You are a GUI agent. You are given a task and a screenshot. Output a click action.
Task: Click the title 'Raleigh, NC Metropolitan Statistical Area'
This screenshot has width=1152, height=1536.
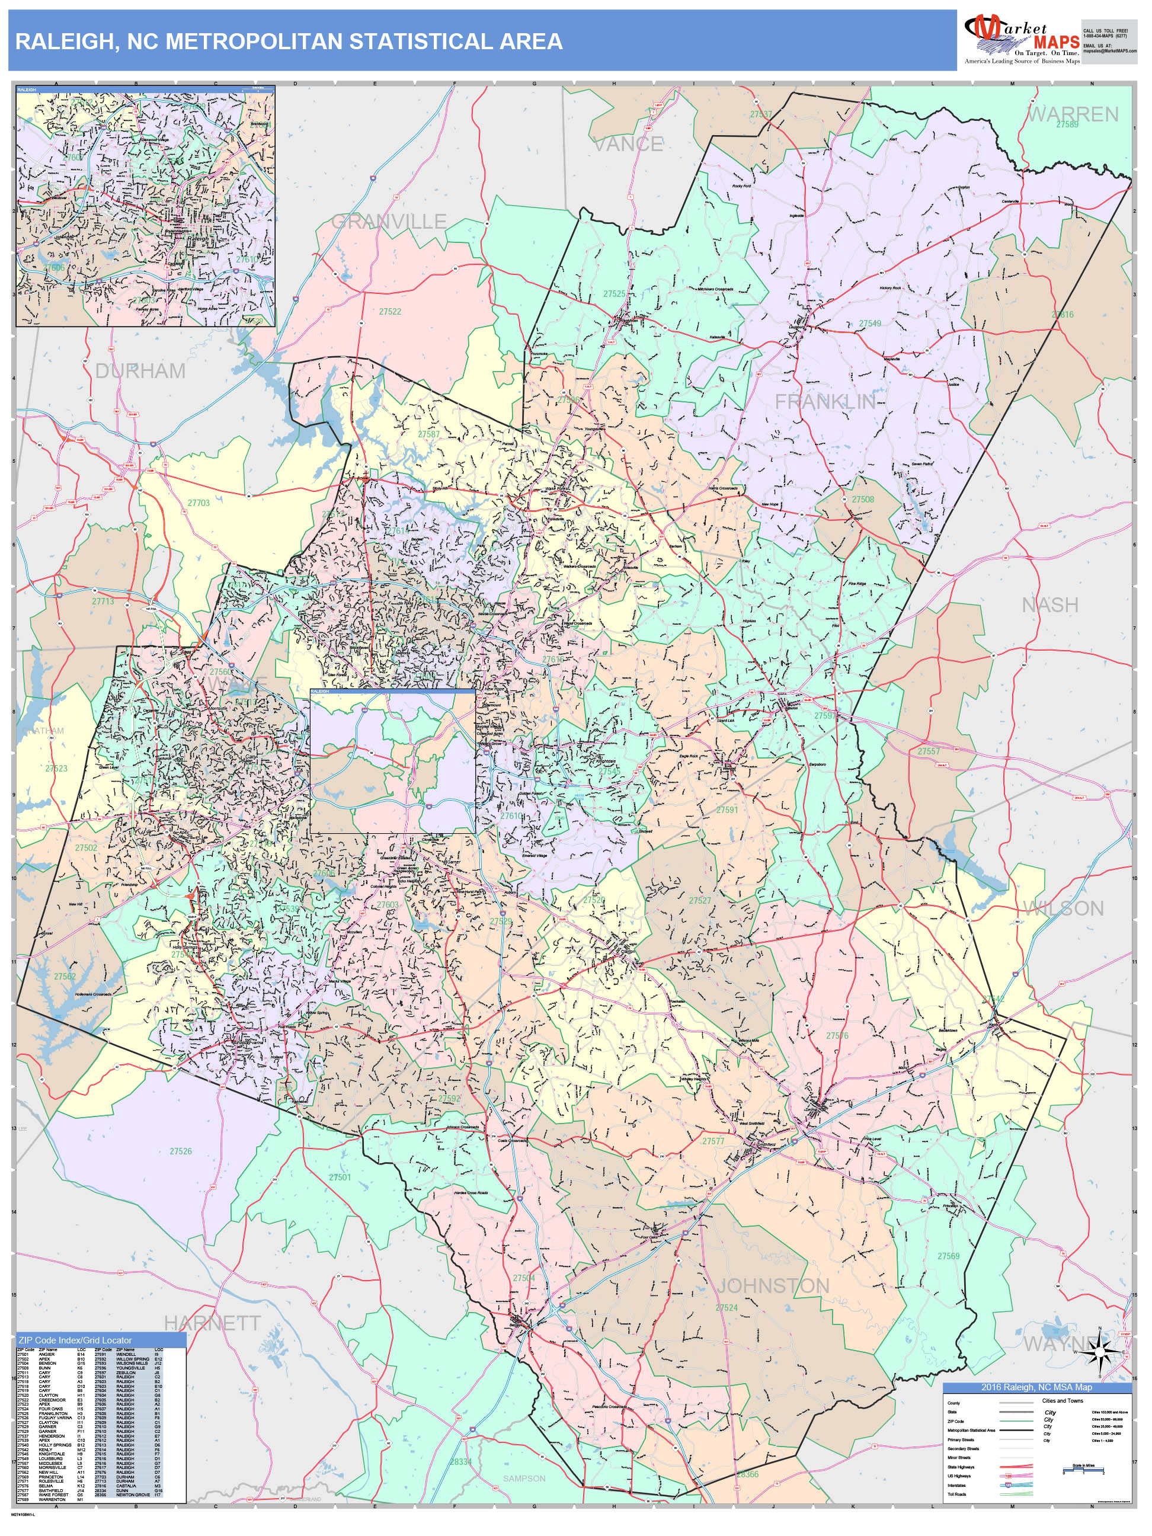(x=289, y=41)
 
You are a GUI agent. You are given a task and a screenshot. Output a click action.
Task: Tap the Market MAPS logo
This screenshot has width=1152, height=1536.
(x=1022, y=40)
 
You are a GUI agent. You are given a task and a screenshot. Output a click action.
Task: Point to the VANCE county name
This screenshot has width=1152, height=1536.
(x=628, y=145)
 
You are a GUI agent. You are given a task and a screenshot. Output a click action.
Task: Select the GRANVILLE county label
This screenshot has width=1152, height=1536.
(x=389, y=222)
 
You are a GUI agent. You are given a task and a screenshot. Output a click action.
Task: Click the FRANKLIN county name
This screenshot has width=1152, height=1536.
(x=825, y=401)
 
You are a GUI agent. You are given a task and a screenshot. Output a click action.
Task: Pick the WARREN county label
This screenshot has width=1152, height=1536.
(x=1072, y=114)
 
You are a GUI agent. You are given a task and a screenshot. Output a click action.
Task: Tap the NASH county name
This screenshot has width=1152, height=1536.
(x=1049, y=606)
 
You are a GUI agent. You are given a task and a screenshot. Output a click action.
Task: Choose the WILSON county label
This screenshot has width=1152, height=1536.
(x=1063, y=908)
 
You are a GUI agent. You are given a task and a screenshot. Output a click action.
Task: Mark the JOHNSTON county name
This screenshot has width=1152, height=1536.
(x=773, y=1286)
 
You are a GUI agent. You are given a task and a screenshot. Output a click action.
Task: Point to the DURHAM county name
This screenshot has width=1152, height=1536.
(x=140, y=371)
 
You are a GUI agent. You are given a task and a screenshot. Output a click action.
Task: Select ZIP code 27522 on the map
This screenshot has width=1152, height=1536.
(x=391, y=312)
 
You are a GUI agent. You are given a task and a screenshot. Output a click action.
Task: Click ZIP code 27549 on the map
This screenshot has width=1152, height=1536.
(x=870, y=324)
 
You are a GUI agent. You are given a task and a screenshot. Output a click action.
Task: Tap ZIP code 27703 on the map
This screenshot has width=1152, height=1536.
(x=199, y=503)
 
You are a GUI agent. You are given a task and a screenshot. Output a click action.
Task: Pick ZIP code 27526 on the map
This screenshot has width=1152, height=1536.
(x=181, y=1151)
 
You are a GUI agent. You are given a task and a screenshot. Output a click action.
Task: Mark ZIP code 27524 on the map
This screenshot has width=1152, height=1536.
(x=727, y=1307)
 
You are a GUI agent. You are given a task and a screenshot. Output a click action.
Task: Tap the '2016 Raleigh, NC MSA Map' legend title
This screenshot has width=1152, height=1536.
(x=1036, y=1387)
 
